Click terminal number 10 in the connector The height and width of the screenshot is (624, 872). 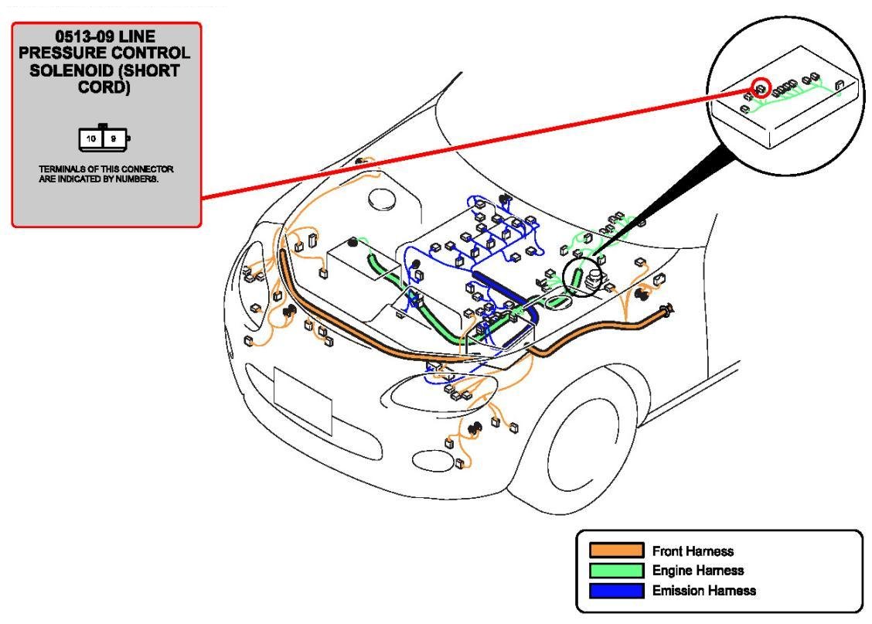[90, 139]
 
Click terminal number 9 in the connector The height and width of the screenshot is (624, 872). [113, 139]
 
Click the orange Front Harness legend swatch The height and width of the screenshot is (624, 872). [616, 551]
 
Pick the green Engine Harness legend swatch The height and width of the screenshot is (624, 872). [616, 570]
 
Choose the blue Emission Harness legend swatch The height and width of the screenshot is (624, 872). [616, 590]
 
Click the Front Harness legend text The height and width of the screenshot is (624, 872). [693, 551]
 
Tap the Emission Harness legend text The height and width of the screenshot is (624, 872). [703, 591]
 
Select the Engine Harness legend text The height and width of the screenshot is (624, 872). [698, 571]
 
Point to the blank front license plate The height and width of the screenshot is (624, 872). [302, 401]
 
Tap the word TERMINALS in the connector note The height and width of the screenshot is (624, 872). [60, 169]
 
